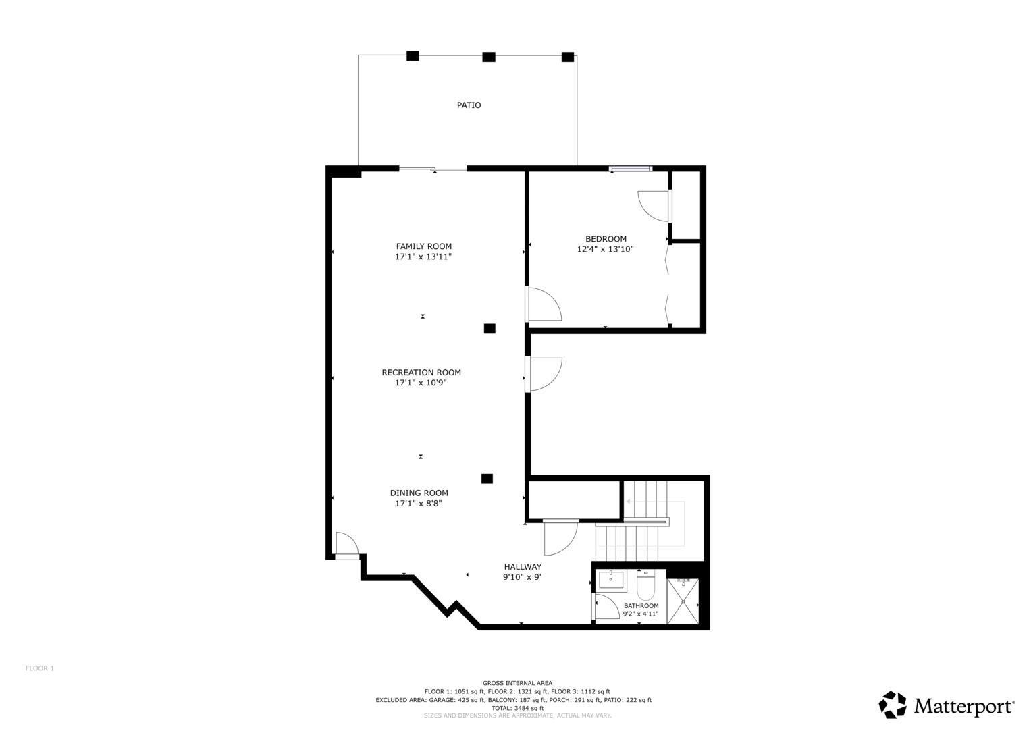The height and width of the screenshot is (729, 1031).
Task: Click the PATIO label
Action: point(469,105)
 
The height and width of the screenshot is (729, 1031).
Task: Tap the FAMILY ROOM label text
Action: point(424,246)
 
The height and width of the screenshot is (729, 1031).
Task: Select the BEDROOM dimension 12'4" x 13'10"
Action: point(605,249)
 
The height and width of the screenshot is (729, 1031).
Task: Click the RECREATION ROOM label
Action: point(421,372)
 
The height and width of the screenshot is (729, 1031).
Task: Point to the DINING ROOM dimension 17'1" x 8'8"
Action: point(419,503)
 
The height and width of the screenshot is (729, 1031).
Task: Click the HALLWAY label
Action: point(523,567)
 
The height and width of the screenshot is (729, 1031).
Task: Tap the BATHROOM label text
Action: point(641,605)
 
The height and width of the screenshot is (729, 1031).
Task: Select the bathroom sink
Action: point(611,579)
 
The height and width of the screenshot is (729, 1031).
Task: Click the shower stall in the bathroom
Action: point(683,601)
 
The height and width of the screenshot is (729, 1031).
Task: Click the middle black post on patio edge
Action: point(489,57)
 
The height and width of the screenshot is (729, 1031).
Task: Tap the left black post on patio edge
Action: point(413,56)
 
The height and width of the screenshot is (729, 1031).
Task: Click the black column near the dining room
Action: point(487,479)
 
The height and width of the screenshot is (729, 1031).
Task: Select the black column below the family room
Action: point(490,329)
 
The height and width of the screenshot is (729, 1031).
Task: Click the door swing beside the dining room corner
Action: point(345,544)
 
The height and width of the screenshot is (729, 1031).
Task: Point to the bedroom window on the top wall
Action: point(631,169)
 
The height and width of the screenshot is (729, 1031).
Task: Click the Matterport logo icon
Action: point(893,705)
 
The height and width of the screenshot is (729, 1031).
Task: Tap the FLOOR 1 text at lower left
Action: point(40,668)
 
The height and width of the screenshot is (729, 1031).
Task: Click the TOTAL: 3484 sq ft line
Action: point(517,708)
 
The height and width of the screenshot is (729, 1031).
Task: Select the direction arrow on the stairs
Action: point(629,502)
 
